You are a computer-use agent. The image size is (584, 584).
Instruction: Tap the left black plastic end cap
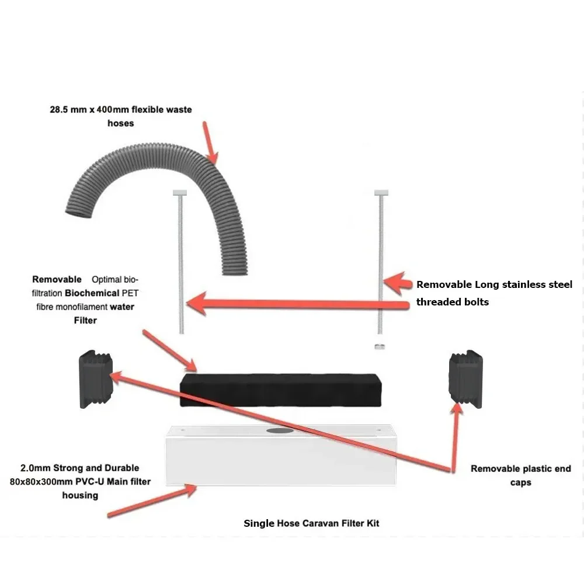(96, 379)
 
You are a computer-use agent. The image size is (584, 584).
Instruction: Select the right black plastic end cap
(466, 379)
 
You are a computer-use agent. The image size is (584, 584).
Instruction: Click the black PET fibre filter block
(280, 390)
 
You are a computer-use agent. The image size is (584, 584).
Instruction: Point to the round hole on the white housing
(280, 430)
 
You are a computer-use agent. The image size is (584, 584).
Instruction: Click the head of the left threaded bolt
(180, 193)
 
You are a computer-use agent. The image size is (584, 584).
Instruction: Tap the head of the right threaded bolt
(381, 193)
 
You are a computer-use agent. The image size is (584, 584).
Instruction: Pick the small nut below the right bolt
(380, 347)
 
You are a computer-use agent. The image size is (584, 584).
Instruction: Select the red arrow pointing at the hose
(210, 142)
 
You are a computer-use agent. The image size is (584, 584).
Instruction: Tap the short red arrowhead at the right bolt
(398, 283)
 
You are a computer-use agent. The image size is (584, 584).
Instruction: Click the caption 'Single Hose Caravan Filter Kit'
(311, 523)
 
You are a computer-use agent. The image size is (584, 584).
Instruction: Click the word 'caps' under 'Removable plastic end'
(521, 483)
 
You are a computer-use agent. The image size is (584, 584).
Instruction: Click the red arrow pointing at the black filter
(170, 351)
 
